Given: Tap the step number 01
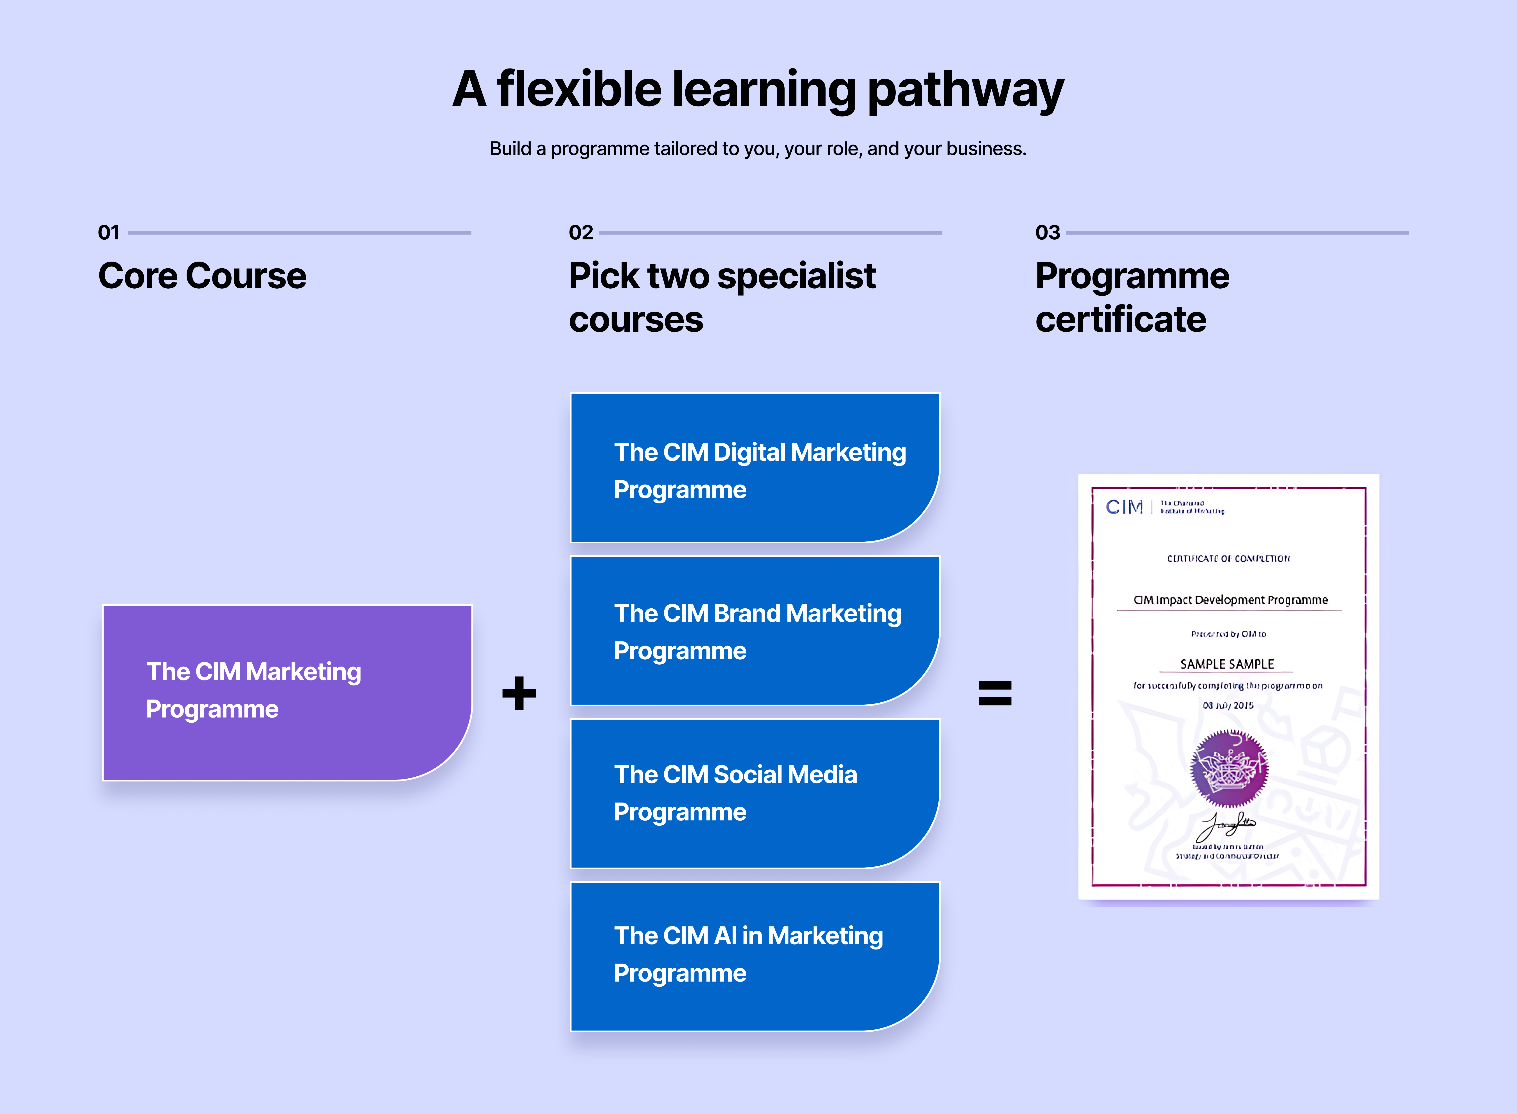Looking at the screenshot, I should coord(108,233).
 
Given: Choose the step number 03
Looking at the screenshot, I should coord(1047,233).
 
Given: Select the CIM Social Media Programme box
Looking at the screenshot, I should coord(755,793).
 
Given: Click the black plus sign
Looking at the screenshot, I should coord(519,693).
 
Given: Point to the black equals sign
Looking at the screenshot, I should coord(995,693).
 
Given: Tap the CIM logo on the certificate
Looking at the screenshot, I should coord(1124,507).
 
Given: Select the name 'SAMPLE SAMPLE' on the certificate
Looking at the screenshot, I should coord(1227,664).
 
